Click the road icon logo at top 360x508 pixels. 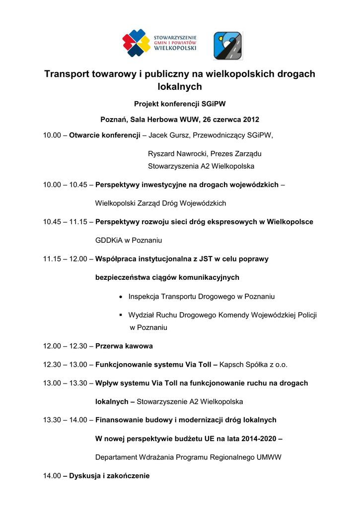pyautogui.click(x=228, y=46)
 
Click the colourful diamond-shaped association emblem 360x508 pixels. pyautogui.click(x=137, y=43)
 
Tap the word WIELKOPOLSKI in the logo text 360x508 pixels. pyautogui.click(x=176, y=49)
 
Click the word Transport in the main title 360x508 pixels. pyautogui.click(x=66, y=74)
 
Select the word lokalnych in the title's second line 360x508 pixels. pyautogui.click(x=180, y=87)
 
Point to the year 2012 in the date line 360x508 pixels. pyautogui.click(x=251, y=120)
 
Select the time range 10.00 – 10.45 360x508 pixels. pyautogui.click(x=65, y=185)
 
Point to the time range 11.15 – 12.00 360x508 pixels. pyautogui.click(x=65, y=259)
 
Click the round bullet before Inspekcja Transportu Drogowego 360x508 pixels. pyautogui.click(x=122, y=297)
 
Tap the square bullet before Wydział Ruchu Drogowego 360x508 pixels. pyautogui.click(x=122, y=315)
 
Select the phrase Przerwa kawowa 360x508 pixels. pyautogui.click(x=124, y=346)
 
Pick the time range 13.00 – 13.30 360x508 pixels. pyautogui.click(x=65, y=383)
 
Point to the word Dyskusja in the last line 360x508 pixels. pyautogui.click(x=84, y=476)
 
